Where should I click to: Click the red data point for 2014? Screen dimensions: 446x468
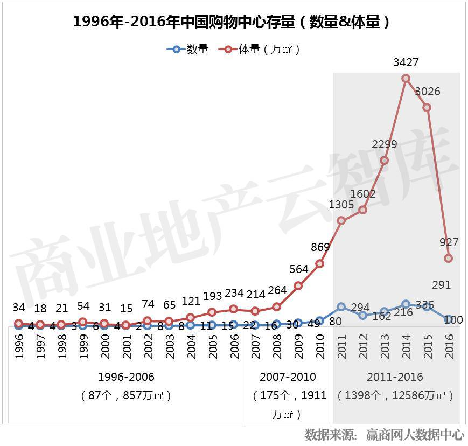tap(406, 79)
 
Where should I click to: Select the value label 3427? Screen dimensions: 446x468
tap(406, 63)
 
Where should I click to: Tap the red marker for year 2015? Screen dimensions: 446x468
tap(427, 108)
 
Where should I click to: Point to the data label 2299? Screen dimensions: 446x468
tap(385, 144)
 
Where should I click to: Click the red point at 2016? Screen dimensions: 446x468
tap(449, 259)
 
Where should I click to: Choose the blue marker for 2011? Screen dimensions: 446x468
tap(341, 307)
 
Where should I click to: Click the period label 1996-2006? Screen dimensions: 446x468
tap(127, 377)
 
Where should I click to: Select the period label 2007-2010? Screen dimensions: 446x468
tap(288, 377)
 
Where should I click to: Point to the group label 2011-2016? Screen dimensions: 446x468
tap(395, 377)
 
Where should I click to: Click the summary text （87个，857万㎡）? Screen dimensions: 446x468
tap(127, 395)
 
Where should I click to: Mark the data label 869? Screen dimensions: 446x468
tap(320, 248)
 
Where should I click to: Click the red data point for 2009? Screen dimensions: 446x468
tap(298, 286)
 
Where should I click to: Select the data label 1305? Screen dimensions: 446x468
tap(341, 205)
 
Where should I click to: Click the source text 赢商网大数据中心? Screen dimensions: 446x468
tap(415, 434)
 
